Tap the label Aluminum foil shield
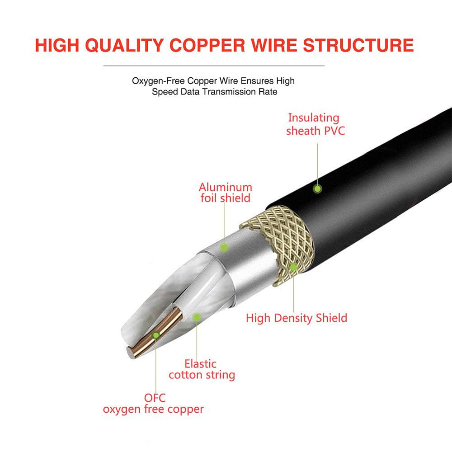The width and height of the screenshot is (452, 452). click(225, 193)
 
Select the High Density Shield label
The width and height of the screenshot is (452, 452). click(297, 318)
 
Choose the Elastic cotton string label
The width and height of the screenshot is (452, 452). click(202, 369)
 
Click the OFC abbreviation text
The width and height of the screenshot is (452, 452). click(155, 398)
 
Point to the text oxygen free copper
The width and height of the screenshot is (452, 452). click(153, 410)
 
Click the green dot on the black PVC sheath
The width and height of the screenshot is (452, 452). click(318, 188)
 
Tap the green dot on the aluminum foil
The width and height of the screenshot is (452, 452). click(223, 247)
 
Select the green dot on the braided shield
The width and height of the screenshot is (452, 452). click(293, 267)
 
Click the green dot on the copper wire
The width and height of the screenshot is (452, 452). click(155, 335)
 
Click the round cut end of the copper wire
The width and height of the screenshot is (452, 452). click(131, 353)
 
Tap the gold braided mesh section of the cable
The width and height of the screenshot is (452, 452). click(276, 235)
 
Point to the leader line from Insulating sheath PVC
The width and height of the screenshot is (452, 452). click(318, 163)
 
